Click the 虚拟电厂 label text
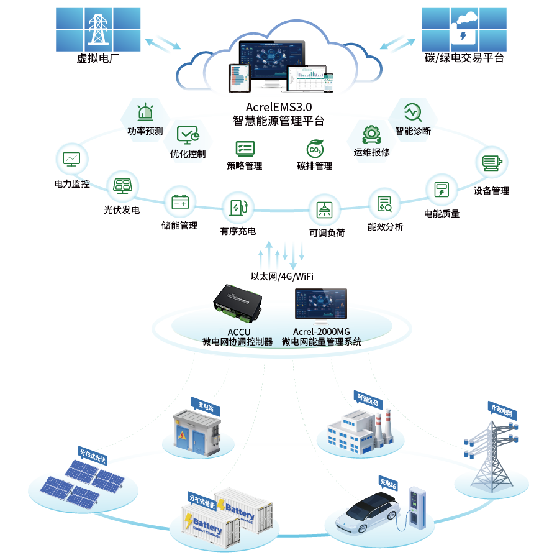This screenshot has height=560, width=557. (x=97, y=59)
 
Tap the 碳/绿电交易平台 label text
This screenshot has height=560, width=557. (x=464, y=58)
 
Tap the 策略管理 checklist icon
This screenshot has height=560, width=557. (x=245, y=149)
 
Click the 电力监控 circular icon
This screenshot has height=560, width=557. (x=71, y=159)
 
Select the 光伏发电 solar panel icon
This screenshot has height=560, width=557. (x=122, y=185)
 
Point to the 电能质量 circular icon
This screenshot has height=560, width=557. (x=442, y=190)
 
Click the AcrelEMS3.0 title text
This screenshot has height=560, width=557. (x=278, y=107)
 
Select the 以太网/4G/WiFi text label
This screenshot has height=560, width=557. (x=278, y=275)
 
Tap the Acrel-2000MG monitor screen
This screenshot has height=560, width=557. (x=320, y=304)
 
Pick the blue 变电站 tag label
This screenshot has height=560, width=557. (x=205, y=406)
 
